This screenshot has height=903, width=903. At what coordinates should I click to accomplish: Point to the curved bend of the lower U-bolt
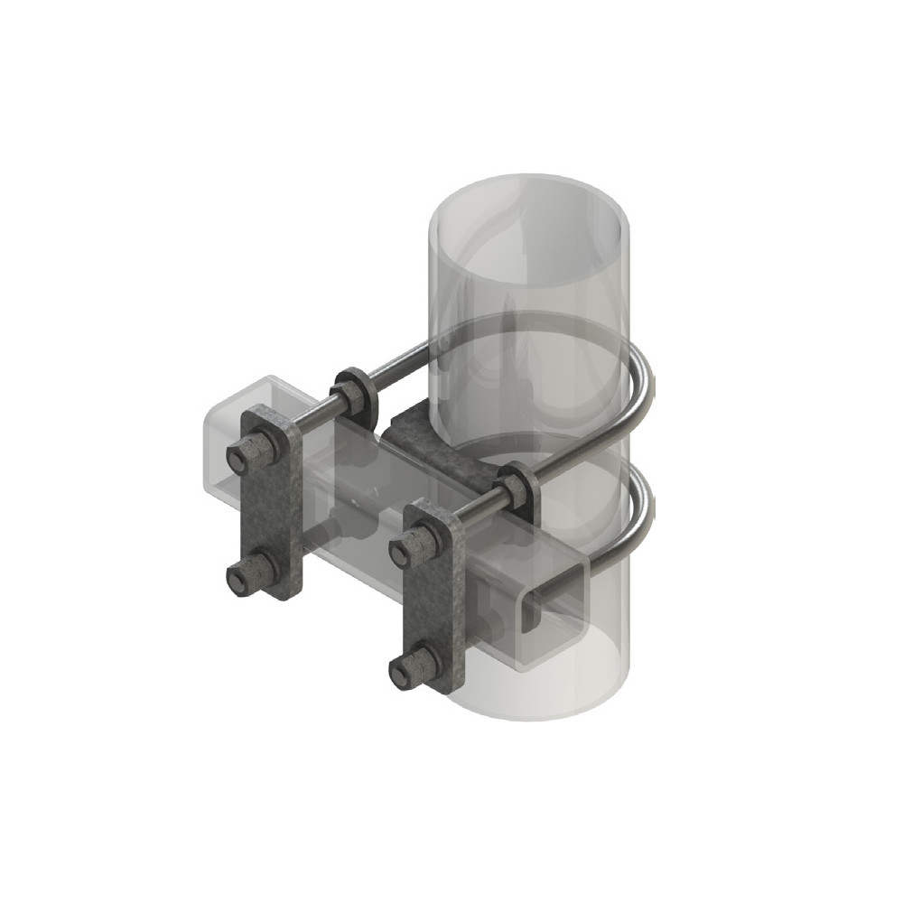point(642,515)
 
